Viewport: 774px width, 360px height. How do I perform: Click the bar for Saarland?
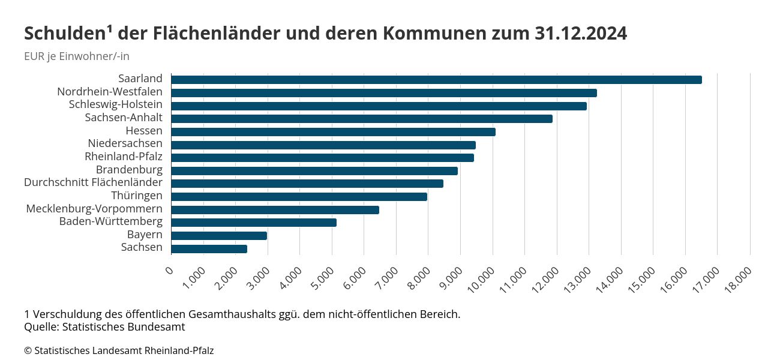[436, 80]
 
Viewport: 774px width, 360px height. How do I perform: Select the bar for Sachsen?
[209, 248]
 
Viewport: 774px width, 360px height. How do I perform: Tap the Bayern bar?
[219, 235]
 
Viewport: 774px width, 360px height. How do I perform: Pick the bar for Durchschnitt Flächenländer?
[307, 184]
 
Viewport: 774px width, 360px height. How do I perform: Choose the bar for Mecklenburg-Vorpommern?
[275, 209]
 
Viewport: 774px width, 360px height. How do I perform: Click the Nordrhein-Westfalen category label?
[110, 92]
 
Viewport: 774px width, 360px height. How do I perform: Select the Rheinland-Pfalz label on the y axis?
[124, 157]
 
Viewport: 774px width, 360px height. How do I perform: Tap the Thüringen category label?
[137, 196]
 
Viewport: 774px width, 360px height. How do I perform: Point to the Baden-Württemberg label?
[111, 221]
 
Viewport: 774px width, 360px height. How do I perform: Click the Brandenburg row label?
[129, 170]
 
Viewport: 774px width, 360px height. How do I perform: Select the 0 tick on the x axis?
[169, 271]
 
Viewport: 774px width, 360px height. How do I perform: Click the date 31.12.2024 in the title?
[580, 34]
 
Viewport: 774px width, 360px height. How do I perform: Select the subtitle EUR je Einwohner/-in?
[77, 56]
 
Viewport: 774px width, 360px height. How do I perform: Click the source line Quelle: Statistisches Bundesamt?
[104, 327]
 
